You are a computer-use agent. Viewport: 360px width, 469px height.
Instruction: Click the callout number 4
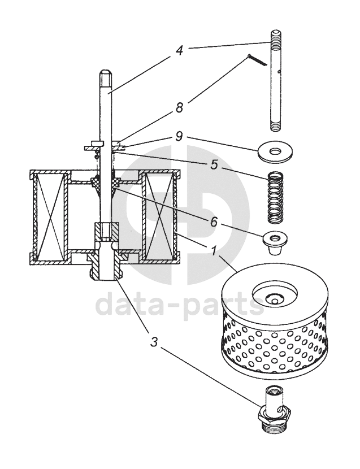[180, 50]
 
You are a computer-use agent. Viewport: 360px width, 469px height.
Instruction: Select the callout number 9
[180, 136]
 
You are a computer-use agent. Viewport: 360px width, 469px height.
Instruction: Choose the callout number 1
[215, 250]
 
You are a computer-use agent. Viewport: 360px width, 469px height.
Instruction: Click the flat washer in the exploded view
[276, 152]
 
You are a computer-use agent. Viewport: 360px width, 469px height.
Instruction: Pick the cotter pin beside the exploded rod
[259, 60]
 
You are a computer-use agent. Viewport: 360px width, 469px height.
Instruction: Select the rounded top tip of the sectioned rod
[106, 72]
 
